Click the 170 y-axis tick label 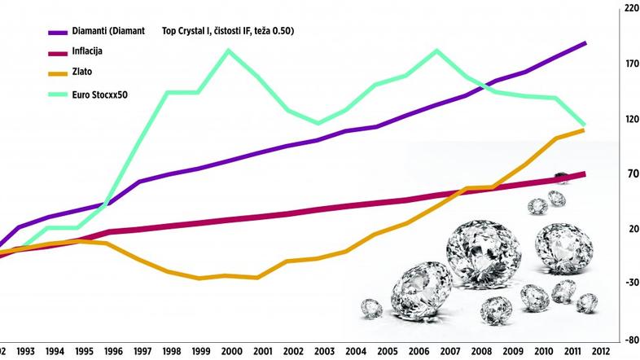pos(629,63)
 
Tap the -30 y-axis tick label pos(629,283)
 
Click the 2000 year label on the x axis pos(232,353)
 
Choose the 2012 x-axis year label pos(601,353)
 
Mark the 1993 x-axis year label pos(26,353)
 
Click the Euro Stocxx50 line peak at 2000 pos(229,50)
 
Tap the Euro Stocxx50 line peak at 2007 pos(437,50)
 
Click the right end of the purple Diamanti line pos(585,42)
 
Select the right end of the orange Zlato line pos(584,130)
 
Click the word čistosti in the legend pos(226,32)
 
